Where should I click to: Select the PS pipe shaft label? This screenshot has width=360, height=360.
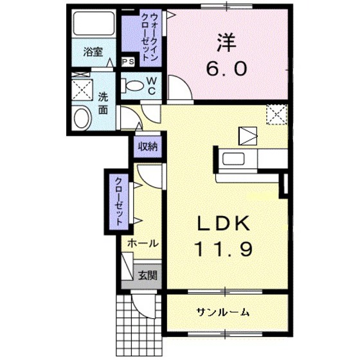tap(129, 62)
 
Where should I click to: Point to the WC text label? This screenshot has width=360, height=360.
tap(152, 85)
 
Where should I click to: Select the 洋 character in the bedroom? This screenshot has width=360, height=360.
tap(226, 42)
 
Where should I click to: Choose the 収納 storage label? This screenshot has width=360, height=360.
tap(147, 146)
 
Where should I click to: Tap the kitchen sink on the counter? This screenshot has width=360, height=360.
tap(232, 159)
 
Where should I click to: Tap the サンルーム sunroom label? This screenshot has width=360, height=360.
tap(223, 312)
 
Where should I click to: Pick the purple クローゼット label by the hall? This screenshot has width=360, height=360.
tap(120, 199)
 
